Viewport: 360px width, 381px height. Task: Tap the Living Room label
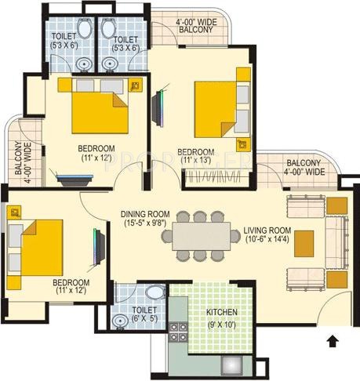pyautogui.click(x=268, y=230)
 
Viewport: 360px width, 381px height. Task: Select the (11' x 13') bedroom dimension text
pyautogui.click(x=195, y=161)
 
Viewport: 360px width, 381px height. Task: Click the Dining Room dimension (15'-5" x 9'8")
pyautogui.click(x=145, y=223)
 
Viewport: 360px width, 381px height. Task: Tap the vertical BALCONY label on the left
pyautogui.click(x=17, y=160)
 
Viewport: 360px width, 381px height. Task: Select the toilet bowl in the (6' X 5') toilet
pyautogui.click(x=155, y=293)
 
